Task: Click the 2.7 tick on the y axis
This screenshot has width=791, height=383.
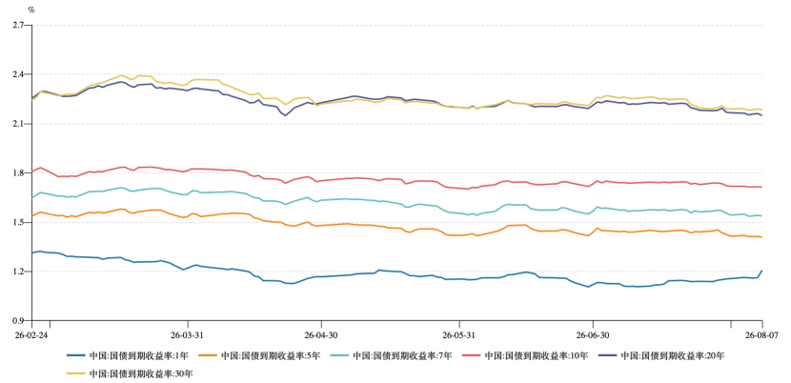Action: pyautogui.click(x=18, y=25)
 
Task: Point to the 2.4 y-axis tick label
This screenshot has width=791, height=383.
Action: pyautogui.click(x=18, y=74)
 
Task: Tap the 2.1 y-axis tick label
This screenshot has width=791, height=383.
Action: pyautogui.click(x=18, y=124)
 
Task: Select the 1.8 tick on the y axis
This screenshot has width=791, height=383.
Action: pyautogui.click(x=18, y=172)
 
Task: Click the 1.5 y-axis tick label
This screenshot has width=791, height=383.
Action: pyautogui.click(x=18, y=222)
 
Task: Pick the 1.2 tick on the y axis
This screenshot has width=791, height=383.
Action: pyautogui.click(x=18, y=272)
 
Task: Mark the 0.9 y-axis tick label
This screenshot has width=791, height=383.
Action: pyautogui.click(x=18, y=320)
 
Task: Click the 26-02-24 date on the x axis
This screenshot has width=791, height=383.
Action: pyautogui.click(x=32, y=334)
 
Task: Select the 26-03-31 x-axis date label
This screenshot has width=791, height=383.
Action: pyautogui.click(x=188, y=334)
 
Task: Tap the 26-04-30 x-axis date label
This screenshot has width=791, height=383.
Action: pyautogui.click(x=320, y=334)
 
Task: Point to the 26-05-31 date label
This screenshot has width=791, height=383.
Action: pyautogui.click(x=459, y=334)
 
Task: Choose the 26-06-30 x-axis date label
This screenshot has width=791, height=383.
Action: pyautogui.click(x=592, y=334)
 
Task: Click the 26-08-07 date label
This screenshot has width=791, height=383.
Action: pyautogui.click(x=761, y=334)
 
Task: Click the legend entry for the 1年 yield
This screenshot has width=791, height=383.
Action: pyautogui.click(x=127, y=355)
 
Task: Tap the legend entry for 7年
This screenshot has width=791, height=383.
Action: pyautogui.click(x=392, y=355)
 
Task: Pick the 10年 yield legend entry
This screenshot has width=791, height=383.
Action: pyautogui.click(x=525, y=355)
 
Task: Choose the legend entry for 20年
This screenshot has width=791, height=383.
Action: pyautogui.click(x=661, y=355)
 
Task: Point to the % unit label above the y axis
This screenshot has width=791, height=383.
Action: pyautogui.click(x=31, y=10)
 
